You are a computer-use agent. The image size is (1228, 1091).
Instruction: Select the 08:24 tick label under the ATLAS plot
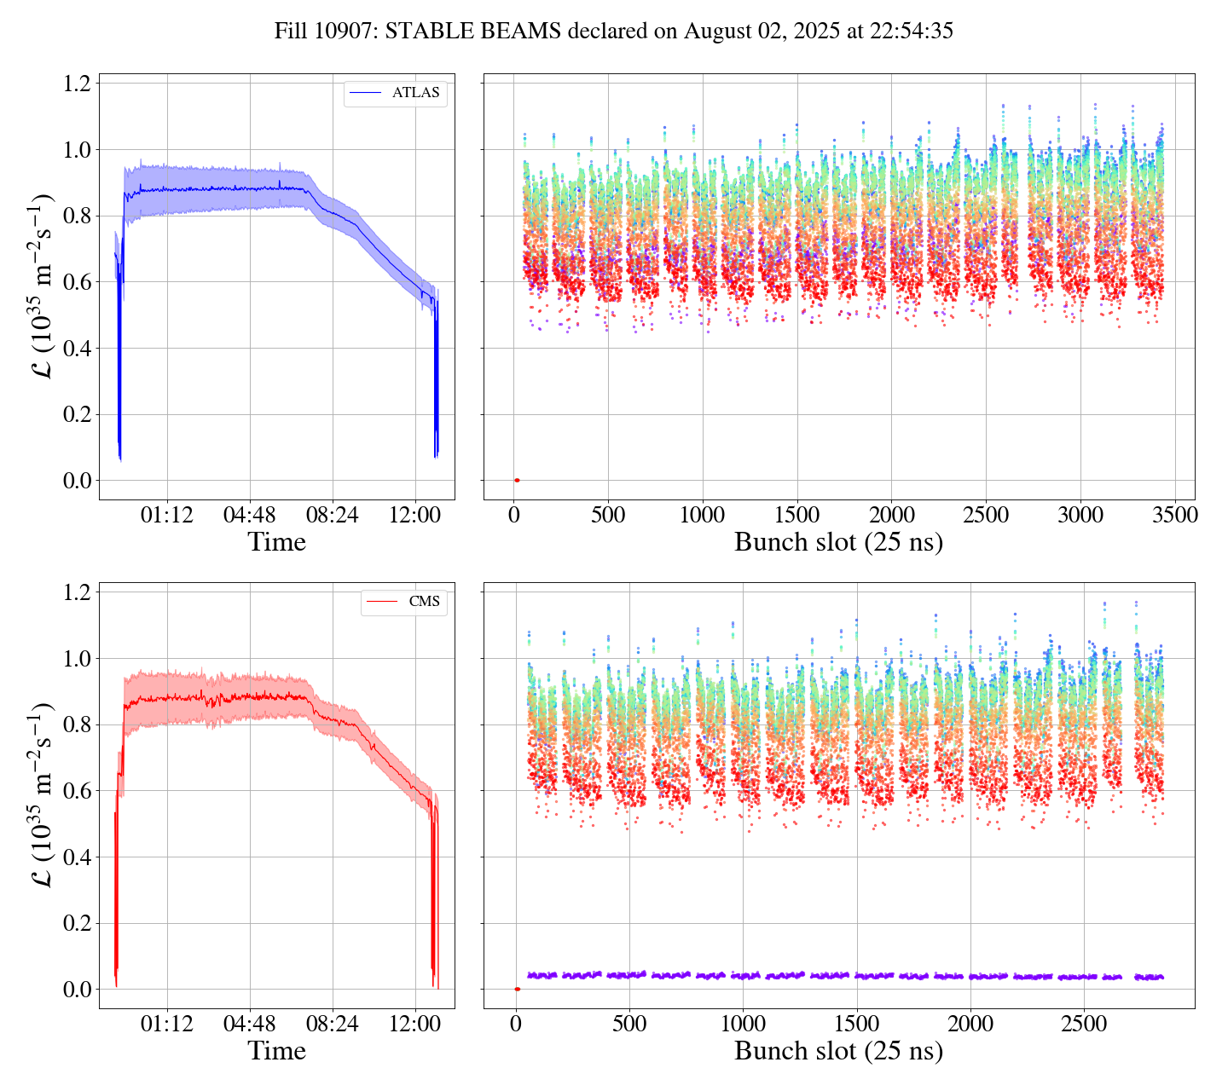coord(333,515)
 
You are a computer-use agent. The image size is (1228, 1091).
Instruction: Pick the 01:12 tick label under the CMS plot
coord(166,1024)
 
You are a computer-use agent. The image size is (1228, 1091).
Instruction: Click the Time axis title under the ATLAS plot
coord(276,542)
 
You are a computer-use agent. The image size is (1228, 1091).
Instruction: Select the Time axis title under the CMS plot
coord(276,1051)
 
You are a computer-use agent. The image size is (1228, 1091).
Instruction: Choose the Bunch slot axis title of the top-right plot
coord(838,542)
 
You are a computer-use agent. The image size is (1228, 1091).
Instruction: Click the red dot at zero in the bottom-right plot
coord(517,989)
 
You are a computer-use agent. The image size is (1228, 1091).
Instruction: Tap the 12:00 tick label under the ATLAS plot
coord(415,515)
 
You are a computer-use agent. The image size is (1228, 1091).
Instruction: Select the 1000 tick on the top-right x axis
coord(703,515)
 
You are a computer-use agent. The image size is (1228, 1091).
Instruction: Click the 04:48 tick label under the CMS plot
coord(249,1024)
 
